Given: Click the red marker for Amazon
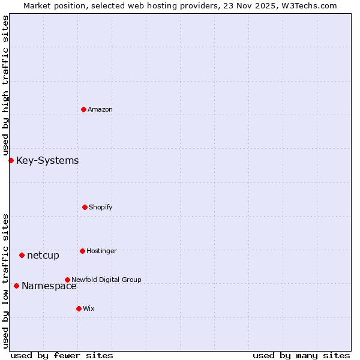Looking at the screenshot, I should (x=83, y=109).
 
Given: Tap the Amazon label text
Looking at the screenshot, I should (x=100, y=109).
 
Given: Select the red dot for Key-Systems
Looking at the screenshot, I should (x=11, y=160).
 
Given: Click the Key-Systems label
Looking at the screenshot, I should (x=47, y=160).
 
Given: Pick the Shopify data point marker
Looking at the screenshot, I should (x=85, y=207).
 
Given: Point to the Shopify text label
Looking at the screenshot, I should (x=101, y=207).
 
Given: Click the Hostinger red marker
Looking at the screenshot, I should (x=82, y=251).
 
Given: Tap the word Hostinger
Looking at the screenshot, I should (x=101, y=251).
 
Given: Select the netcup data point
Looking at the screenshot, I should (x=22, y=255).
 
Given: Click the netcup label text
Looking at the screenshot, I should (x=43, y=256).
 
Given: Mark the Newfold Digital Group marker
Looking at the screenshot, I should (x=67, y=280).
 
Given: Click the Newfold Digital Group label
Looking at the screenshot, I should (x=106, y=280).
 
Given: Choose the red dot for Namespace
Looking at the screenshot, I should (x=16, y=286).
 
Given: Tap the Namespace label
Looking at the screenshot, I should (x=49, y=286).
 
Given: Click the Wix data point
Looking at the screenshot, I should (x=79, y=308).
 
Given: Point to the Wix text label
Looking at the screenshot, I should (x=89, y=308).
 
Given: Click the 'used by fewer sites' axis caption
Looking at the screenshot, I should (x=62, y=355).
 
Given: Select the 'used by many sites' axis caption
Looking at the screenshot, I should (x=301, y=355).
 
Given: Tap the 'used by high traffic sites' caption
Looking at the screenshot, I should (x=5, y=85).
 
